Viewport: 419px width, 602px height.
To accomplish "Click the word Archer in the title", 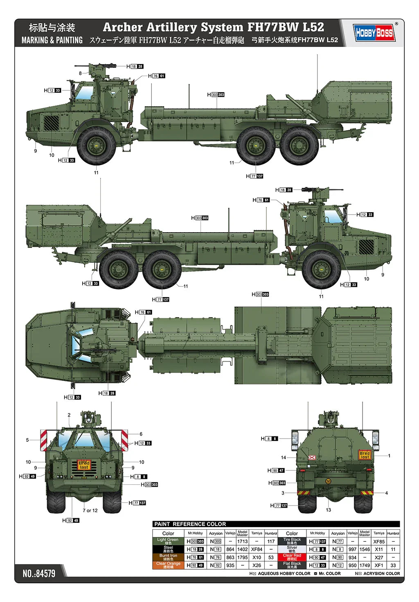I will coord(122,27).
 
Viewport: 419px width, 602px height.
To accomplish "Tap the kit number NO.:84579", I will coord(39,573).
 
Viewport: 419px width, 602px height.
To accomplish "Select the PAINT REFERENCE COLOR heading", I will coord(190,524).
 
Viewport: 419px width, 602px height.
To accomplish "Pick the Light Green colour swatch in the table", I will coord(168,541).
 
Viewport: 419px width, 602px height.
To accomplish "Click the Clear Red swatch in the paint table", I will coord(292,557).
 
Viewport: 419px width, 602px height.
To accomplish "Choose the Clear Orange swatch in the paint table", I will coord(168,565).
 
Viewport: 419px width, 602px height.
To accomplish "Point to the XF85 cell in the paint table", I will coord(379,542).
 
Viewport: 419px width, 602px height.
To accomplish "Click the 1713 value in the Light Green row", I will coord(242,542).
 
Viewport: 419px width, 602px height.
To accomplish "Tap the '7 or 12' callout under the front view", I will coord(90,510).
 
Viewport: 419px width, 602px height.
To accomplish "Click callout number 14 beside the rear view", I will coord(284,457).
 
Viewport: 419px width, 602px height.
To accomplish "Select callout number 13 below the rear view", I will coord(329,510).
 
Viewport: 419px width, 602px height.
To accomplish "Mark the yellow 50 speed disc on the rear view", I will coord(328,481).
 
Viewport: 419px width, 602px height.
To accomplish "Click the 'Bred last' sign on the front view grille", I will coord(84,465).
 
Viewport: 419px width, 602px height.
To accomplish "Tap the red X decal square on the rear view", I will coord(312,457).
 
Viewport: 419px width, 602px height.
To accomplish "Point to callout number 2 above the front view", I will coord(69,415).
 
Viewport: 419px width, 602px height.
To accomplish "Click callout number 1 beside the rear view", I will coord(389,456).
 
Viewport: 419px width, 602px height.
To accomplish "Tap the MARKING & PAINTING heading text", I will coord(52,40).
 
